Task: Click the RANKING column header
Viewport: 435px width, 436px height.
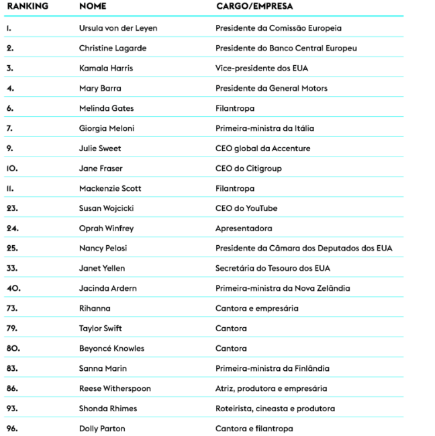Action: (27, 6)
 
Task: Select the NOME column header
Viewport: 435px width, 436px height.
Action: (93, 6)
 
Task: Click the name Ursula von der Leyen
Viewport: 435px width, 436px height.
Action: (118, 28)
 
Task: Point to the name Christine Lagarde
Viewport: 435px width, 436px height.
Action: (113, 48)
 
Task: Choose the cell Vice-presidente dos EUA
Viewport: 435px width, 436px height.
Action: (262, 69)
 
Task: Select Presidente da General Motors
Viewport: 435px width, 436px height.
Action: (271, 88)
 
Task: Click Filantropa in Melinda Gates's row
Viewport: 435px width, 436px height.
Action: (235, 108)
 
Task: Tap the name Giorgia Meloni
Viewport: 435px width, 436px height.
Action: (107, 128)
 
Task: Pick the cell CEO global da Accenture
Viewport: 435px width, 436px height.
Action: (263, 148)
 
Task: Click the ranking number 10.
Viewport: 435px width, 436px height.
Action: (13, 169)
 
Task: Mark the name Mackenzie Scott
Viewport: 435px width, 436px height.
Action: (110, 188)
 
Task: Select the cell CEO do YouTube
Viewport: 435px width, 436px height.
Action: (246, 208)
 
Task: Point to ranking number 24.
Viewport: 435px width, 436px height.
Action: (13, 228)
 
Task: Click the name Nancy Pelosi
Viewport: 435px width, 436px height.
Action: (103, 248)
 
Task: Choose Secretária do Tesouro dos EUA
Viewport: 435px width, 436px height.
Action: (273, 268)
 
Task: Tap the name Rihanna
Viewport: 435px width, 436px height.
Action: (95, 308)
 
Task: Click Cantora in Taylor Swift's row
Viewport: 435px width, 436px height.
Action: (231, 329)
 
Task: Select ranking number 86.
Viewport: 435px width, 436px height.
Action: (13, 388)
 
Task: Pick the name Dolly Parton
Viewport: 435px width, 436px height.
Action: (102, 428)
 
